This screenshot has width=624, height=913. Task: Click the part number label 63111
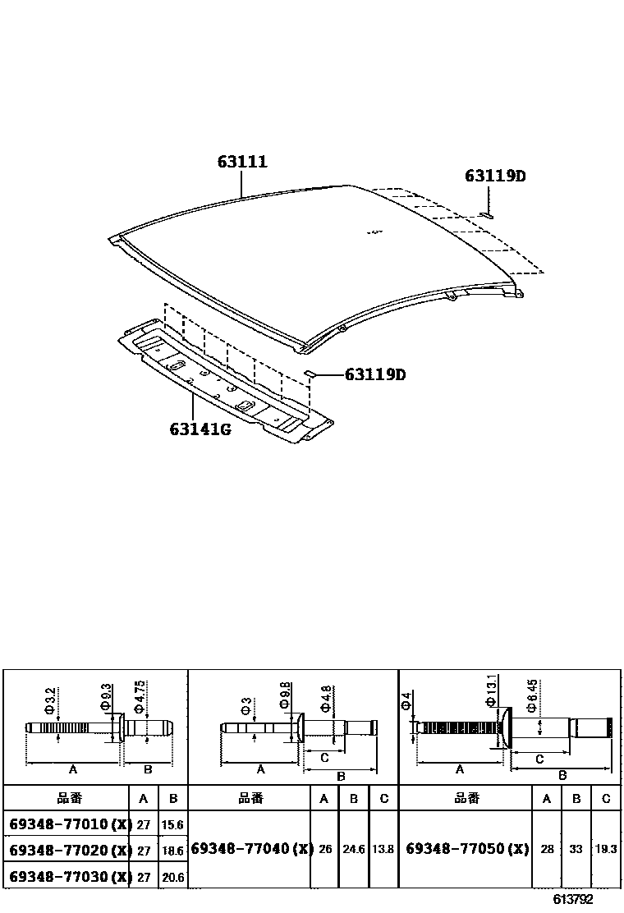[242, 163]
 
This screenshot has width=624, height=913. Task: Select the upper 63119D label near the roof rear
[495, 176]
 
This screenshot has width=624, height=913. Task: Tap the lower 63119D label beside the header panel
[375, 375]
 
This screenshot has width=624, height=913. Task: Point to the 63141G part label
[200, 429]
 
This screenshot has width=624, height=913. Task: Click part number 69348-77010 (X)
[69, 824]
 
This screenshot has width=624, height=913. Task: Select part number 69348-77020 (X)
[69, 851]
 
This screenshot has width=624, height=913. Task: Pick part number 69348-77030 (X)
[69, 877]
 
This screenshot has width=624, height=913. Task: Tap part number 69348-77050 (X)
[467, 849]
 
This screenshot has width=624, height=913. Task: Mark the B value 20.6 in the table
[173, 878]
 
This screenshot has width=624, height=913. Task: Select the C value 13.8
[383, 850]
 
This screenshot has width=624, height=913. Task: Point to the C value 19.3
[606, 850]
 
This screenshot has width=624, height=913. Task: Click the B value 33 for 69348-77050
[576, 850]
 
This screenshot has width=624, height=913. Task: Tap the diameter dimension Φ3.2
[49, 700]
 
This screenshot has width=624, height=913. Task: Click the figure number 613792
[572, 900]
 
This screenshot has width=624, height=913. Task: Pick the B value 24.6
[354, 850]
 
